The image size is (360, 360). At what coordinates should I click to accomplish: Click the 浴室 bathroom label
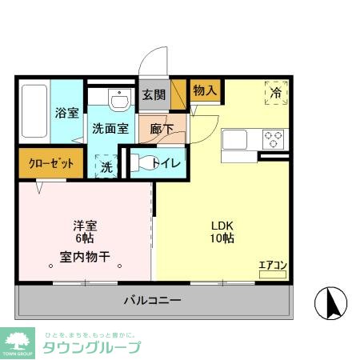(x=66, y=114)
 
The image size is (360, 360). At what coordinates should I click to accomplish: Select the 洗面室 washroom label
(x=110, y=128)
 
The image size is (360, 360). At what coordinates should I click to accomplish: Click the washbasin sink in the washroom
(x=119, y=101)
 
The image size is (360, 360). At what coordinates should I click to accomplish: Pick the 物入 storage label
(x=204, y=90)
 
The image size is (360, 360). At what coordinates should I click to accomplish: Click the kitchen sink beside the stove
(x=238, y=138)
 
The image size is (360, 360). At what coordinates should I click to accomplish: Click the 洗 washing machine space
(x=106, y=168)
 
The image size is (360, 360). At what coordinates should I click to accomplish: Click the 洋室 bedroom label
(x=84, y=226)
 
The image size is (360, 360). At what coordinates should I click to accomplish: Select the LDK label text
(x=222, y=225)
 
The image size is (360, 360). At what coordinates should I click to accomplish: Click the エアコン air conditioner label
(x=273, y=264)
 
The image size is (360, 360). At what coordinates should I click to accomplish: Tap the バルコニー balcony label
(x=152, y=300)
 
